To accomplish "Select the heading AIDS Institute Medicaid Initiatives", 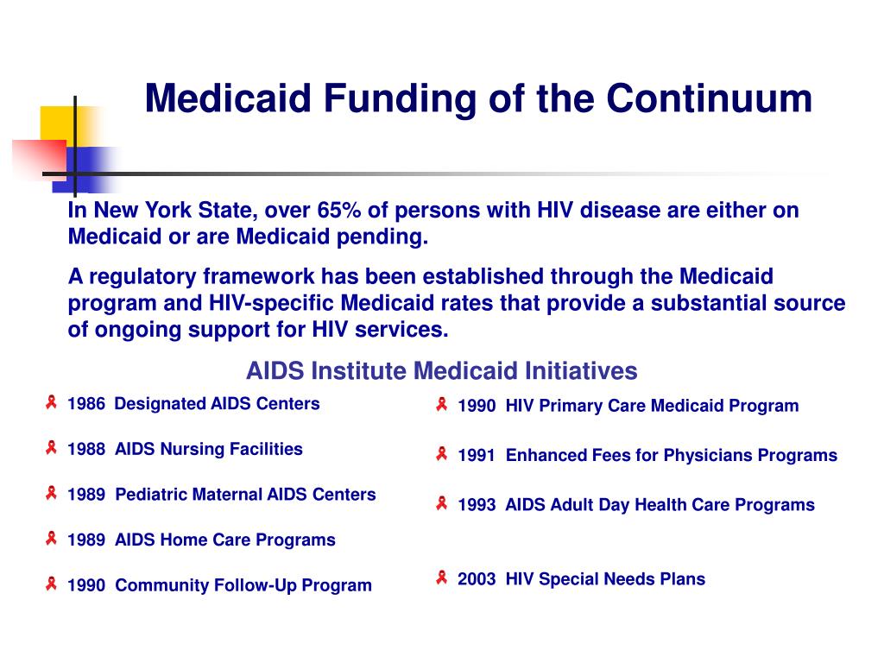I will [441, 371].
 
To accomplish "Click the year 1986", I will [86, 404].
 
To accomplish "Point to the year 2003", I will [477, 579].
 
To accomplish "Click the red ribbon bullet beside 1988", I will [52, 448].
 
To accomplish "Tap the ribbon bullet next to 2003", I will [442, 578].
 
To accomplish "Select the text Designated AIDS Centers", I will [217, 404].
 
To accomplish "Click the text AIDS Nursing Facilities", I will [208, 449].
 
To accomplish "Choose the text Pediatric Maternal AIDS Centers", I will [245, 495].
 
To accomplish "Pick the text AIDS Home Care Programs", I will [224, 540].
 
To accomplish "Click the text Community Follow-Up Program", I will [243, 585].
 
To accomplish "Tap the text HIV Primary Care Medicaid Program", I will [652, 406].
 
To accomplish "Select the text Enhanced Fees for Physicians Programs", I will [671, 455].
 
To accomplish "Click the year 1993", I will [477, 505].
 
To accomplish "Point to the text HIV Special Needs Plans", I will [604, 579].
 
